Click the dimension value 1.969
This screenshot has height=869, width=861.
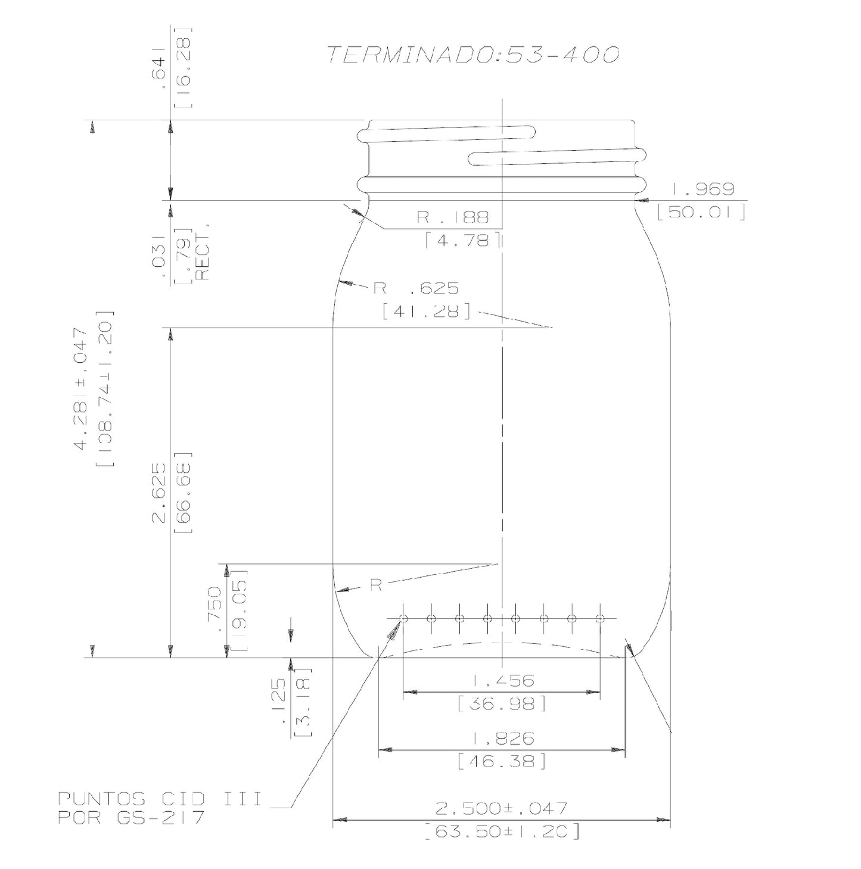703,189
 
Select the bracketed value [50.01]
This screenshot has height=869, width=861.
701,212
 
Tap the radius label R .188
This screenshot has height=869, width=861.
453,217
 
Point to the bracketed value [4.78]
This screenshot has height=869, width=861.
463,240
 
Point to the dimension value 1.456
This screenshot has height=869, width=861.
503,680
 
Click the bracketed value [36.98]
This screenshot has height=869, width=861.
502,704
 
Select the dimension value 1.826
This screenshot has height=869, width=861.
503,739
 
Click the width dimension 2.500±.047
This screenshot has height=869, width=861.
501,808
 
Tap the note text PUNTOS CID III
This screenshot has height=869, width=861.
160,799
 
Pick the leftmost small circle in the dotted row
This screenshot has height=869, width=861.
403,618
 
